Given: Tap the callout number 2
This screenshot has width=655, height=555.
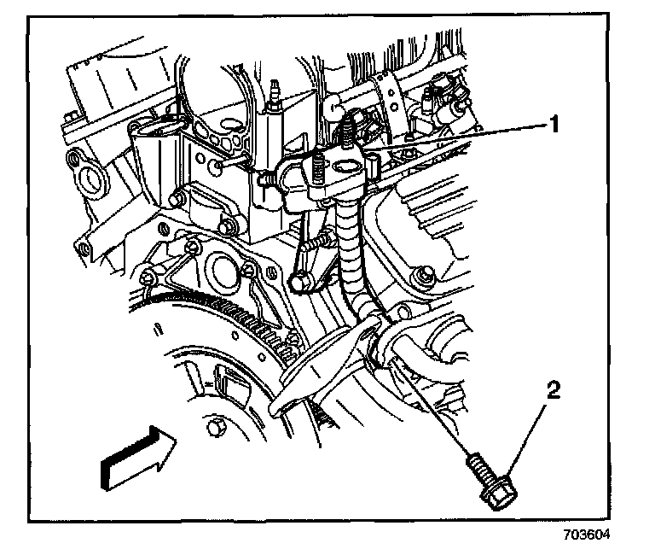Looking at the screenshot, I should (554, 392).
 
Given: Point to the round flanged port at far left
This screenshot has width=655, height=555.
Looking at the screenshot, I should (88, 180).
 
